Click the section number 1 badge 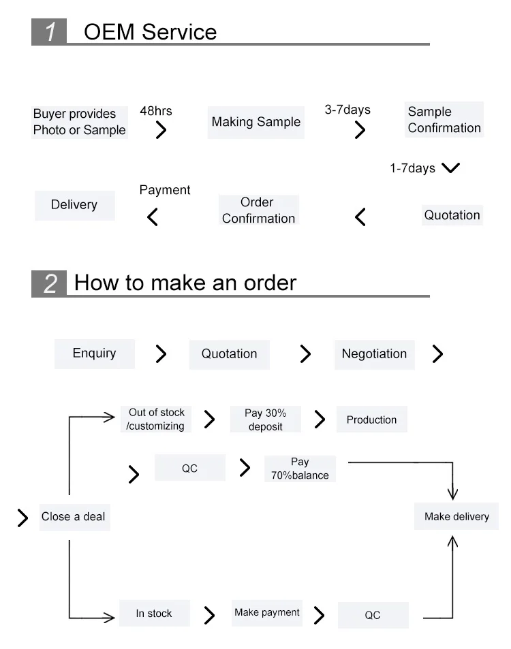pos(49,32)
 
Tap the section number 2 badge pos(49,283)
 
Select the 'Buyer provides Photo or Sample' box pos(80,122)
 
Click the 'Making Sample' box pos(255,123)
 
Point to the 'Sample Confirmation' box pos(444,120)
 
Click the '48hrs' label pos(156,110)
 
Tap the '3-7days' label pos(347,110)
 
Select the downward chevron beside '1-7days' pos(450,168)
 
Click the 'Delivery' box pos(74,205)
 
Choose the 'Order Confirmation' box pos(258,210)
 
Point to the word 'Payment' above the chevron pos(165,190)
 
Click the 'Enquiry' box pos(94,353)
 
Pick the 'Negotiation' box pos(374,354)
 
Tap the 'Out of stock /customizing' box pos(157,420)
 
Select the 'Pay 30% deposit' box pos(266,420)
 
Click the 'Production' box pos(371,420)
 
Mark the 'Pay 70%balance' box pos(300,469)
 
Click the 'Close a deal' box pos(74,517)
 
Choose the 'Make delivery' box pos(456,517)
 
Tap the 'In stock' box pos(154,614)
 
